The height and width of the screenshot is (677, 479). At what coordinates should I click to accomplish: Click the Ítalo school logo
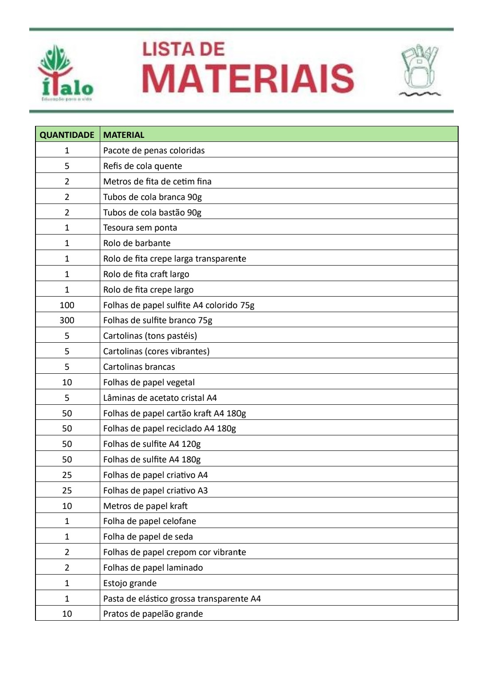(x=66, y=73)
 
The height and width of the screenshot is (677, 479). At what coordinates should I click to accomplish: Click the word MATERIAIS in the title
(x=248, y=78)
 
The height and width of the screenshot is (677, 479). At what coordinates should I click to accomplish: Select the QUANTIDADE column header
(x=67, y=135)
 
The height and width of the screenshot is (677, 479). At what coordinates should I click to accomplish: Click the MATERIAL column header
(x=124, y=135)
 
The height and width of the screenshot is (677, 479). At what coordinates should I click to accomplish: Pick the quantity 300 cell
(x=67, y=320)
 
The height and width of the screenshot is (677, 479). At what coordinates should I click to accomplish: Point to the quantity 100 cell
(x=67, y=305)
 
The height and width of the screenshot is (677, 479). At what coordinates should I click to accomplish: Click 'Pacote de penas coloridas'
(x=154, y=150)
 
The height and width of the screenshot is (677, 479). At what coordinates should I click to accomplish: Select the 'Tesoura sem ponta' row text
(x=140, y=227)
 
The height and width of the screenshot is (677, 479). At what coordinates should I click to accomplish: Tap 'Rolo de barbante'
(x=137, y=243)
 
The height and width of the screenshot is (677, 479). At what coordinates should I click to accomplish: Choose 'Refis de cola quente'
(x=142, y=166)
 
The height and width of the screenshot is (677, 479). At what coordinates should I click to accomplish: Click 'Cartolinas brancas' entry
(x=139, y=367)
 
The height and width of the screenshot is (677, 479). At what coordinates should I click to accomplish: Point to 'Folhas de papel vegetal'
(x=149, y=382)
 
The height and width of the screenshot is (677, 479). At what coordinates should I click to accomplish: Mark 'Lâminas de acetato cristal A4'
(x=160, y=398)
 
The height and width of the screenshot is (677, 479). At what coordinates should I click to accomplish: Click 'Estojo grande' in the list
(x=130, y=583)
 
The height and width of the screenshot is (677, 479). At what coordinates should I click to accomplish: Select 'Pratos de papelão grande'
(x=153, y=614)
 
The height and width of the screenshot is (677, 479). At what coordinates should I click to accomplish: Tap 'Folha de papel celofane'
(x=149, y=521)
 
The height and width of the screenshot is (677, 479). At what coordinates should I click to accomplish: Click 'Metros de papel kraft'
(x=145, y=506)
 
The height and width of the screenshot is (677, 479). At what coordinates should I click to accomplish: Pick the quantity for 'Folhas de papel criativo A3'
(x=67, y=490)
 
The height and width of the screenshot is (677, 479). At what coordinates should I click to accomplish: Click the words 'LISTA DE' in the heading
(x=183, y=49)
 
